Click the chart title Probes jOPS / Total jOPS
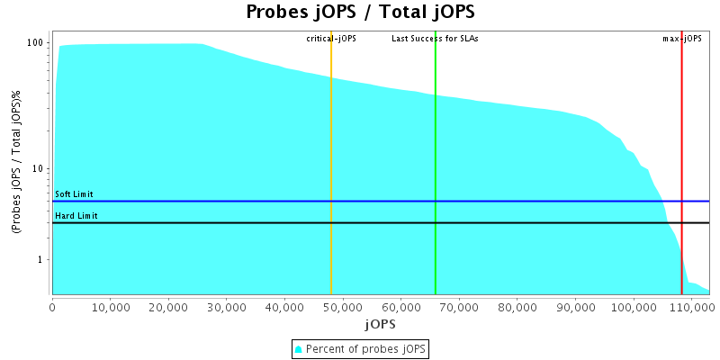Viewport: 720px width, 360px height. (x=360, y=13)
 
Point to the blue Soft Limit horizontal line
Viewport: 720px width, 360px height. (x=270, y=202)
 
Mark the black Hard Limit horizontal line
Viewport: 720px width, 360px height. (x=270, y=222)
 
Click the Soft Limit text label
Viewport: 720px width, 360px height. (x=74, y=194)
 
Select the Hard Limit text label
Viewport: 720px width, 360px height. (x=76, y=216)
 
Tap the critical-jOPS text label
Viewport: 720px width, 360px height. (x=331, y=39)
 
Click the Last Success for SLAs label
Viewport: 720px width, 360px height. (x=435, y=39)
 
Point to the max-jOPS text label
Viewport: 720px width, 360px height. (x=682, y=39)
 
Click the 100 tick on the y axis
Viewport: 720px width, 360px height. (x=37, y=43)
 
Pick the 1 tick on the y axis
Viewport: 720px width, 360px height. (x=42, y=260)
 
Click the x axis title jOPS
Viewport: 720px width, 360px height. (x=379, y=323)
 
